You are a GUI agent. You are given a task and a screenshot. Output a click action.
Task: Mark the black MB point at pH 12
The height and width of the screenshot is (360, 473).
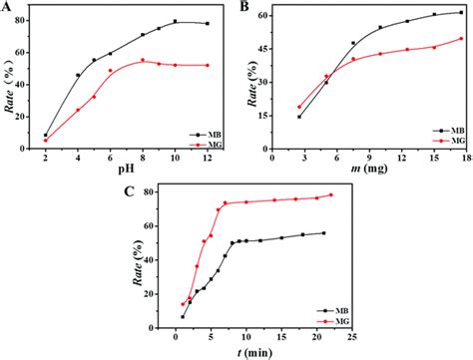click(x=207, y=23)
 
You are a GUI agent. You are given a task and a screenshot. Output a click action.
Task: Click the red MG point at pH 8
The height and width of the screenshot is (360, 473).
click(x=143, y=61)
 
